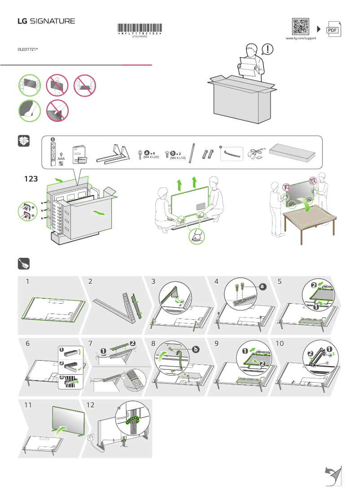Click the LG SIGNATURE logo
(x=46, y=21)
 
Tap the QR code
(x=301, y=27)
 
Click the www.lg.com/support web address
(x=301, y=39)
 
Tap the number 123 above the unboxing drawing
(x=31, y=178)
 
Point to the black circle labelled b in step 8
(x=195, y=348)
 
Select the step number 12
(x=90, y=405)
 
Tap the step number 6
(x=28, y=343)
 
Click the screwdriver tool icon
(x=23, y=263)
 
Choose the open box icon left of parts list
(x=23, y=141)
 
